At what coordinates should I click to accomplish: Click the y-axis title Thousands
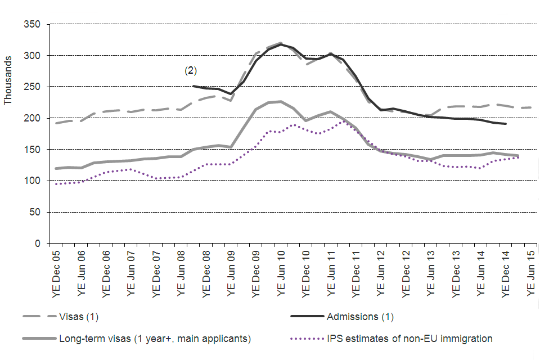(x=8, y=80)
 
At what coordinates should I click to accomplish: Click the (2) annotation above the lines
(x=191, y=71)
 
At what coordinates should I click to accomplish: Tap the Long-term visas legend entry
(x=154, y=339)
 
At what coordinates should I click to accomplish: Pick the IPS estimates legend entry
(x=409, y=339)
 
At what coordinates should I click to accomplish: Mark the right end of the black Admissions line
(x=506, y=124)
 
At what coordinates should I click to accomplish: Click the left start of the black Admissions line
(x=192, y=86)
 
